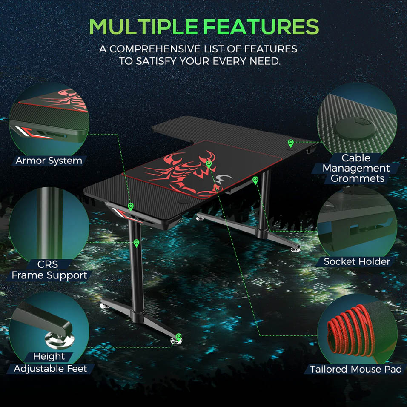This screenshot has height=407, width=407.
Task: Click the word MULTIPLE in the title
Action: pyautogui.click(x=143, y=26)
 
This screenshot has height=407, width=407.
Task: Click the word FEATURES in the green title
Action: pyautogui.click(x=261, y=26)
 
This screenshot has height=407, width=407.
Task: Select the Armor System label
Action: pyautogui.click(x=49, y=161)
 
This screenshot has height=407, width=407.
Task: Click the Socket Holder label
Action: pyautogui.click(x=357, y=261)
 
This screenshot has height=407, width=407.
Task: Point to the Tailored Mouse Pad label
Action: pyautogui.click(x=356, y=369)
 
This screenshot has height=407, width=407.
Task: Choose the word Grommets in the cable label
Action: pyautogui.click(x=357, y=178)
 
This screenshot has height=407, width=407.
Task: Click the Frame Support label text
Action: pyautogui.click(x=49, y=275)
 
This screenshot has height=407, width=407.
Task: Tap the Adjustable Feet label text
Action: pyautogui.click(x=50, y=369)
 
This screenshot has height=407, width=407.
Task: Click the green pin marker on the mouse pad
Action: pyautogui.click(x=209, y=164)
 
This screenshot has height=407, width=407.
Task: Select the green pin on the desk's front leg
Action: pyautogui.click(x=136, y=243)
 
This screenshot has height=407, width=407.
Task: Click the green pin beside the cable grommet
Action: pyautogui.click(x=291, y=143)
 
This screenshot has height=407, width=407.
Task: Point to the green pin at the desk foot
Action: pyautogui.click(x=178, y=337)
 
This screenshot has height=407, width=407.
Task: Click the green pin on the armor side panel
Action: pyautogui.click(x=131, y=206)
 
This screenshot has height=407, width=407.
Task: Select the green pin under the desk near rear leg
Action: pyautogui.click(x=255, y=180)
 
